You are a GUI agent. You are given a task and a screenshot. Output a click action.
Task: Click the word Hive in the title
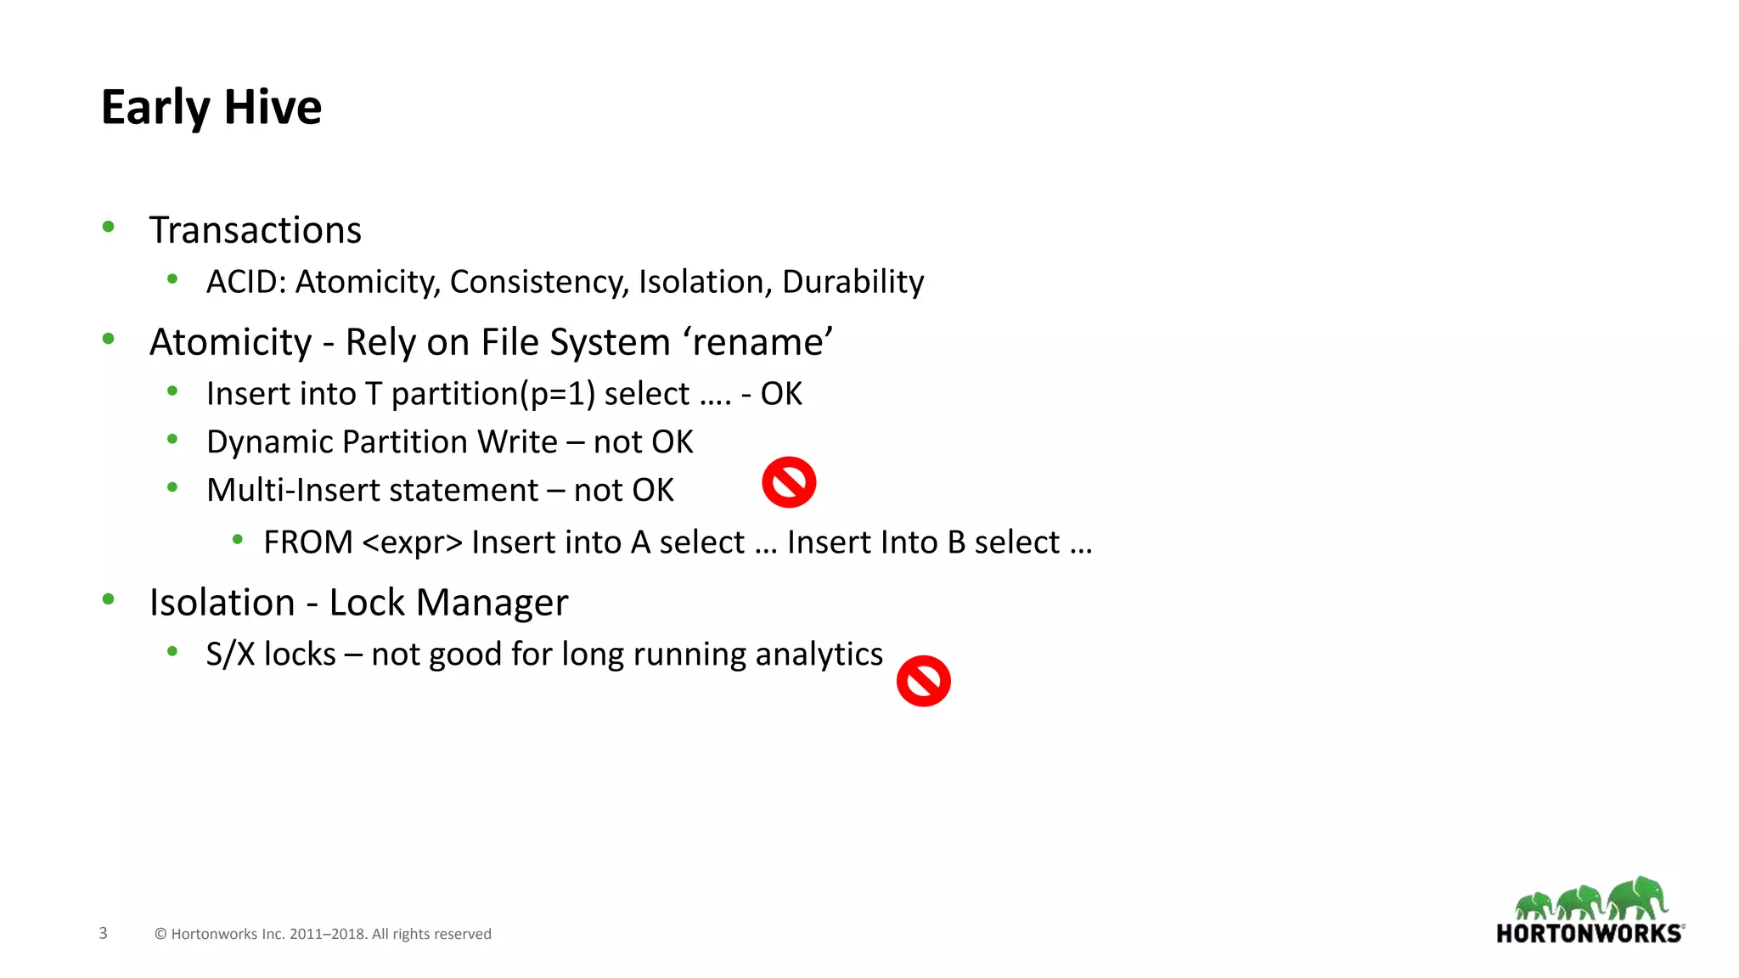(273, 108)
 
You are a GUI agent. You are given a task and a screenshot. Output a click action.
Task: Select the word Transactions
(255, 230)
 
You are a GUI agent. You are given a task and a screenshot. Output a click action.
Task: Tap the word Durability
(853, 282)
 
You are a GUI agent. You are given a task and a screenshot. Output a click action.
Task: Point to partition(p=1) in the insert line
(493, 394)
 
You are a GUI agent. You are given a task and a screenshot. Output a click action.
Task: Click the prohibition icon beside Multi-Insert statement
(789, 482)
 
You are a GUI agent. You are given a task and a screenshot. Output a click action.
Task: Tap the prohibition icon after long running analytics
(923, 681)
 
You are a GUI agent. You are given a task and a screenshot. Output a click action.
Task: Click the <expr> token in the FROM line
(412, 542)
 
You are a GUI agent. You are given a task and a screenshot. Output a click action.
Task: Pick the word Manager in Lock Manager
(492, 603)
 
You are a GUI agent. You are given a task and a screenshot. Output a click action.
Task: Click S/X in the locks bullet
(230, 655)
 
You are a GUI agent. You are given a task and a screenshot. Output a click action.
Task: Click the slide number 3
(104, 933)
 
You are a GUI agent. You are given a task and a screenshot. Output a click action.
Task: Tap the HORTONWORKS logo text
(1589, 934)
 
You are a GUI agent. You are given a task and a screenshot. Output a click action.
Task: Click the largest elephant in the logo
(1638, 897)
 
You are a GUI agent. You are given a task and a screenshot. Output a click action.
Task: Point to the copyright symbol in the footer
(160, 934)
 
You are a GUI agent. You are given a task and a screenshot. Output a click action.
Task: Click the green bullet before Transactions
(108, 227)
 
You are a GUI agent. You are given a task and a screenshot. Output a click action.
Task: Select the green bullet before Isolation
(108, 599)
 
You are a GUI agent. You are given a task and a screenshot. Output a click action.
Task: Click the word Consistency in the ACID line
(539, 282)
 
